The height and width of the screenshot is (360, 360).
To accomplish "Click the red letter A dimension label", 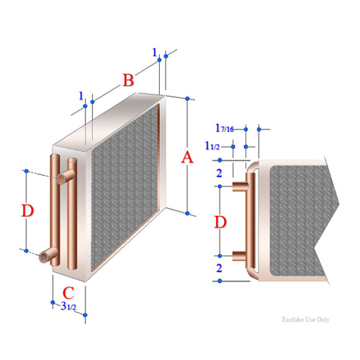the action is pyautogui.click(x=187, y=158).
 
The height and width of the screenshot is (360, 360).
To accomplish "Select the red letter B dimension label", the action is pyautogui.click(x=128, y=80).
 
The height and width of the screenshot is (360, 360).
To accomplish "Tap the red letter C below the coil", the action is pyautogui.click(x=68, y=293).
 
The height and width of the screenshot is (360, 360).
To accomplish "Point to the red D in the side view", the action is pyautogui.click(x=220, y=222).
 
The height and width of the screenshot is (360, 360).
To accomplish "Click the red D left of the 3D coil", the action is pyautogui.click(x=27, y=210).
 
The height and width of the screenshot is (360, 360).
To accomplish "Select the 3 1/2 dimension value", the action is pyautogui.click(x=68, y=306).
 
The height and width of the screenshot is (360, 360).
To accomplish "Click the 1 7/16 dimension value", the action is pyautogui.click(x=225, y=128).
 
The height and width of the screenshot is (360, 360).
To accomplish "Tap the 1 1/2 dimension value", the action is pyautogui.click(x=212, y=145).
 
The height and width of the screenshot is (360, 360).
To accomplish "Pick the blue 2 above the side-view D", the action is pyautogui.click(x=219, y=173).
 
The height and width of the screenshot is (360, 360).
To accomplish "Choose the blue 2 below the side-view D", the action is pyautogui.click(x=219, y=268).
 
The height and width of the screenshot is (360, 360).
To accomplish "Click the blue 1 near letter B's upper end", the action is pyautogui.click(x=155, y=53).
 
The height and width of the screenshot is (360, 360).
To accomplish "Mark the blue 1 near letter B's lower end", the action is pyautogui.click(x=81, y=96).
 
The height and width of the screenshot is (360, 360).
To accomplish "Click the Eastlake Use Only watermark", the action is pyautogui.click(x=305, y=320).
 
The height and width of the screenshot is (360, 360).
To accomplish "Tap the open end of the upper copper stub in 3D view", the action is pyautogui.click(x=61, y=179).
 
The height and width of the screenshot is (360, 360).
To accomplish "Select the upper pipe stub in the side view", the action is pyautogui.click(x=240, y=186).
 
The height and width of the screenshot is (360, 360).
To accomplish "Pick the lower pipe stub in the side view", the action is pyautogui.click(x=239, y=256).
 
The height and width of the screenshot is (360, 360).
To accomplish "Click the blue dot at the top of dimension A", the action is pyautogui.click(x=187, y=99).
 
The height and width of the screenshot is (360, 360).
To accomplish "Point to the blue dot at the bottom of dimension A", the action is pyautogui.click(x=187, y=213).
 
